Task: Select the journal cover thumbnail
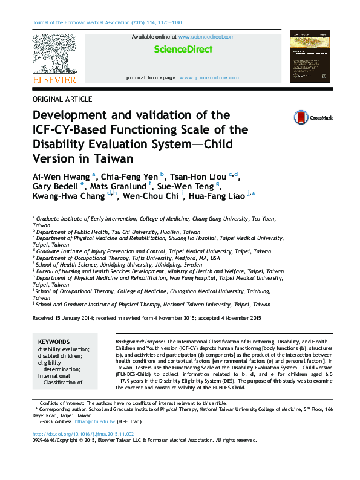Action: pos(309,56)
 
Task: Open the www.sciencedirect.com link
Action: pos(206,37)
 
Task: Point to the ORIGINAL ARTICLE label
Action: pos(63,99)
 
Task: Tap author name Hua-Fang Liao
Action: pos(220,195)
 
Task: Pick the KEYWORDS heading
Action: pos(53,342)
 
